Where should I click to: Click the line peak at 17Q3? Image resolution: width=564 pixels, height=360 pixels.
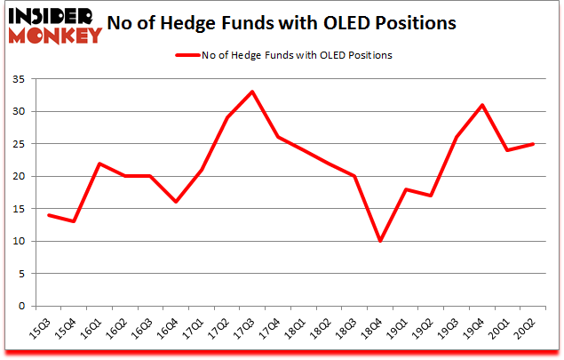coord(252,92)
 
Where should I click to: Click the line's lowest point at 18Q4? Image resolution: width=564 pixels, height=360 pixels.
coord(380,241)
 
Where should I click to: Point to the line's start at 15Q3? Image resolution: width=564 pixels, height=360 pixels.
coord(48,215)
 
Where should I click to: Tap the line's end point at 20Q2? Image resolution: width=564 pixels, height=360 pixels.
coord(533,144)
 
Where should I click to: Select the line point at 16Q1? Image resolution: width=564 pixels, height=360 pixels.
coord(99,164)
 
